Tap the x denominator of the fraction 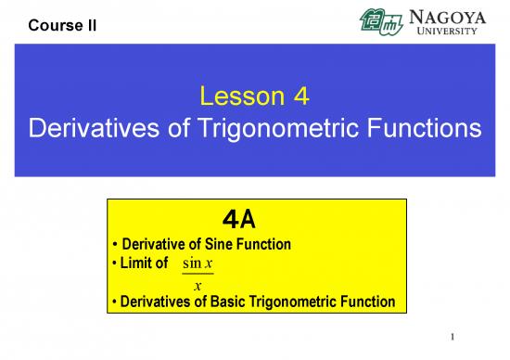pos(198,285)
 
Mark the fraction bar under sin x pos(198,275)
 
